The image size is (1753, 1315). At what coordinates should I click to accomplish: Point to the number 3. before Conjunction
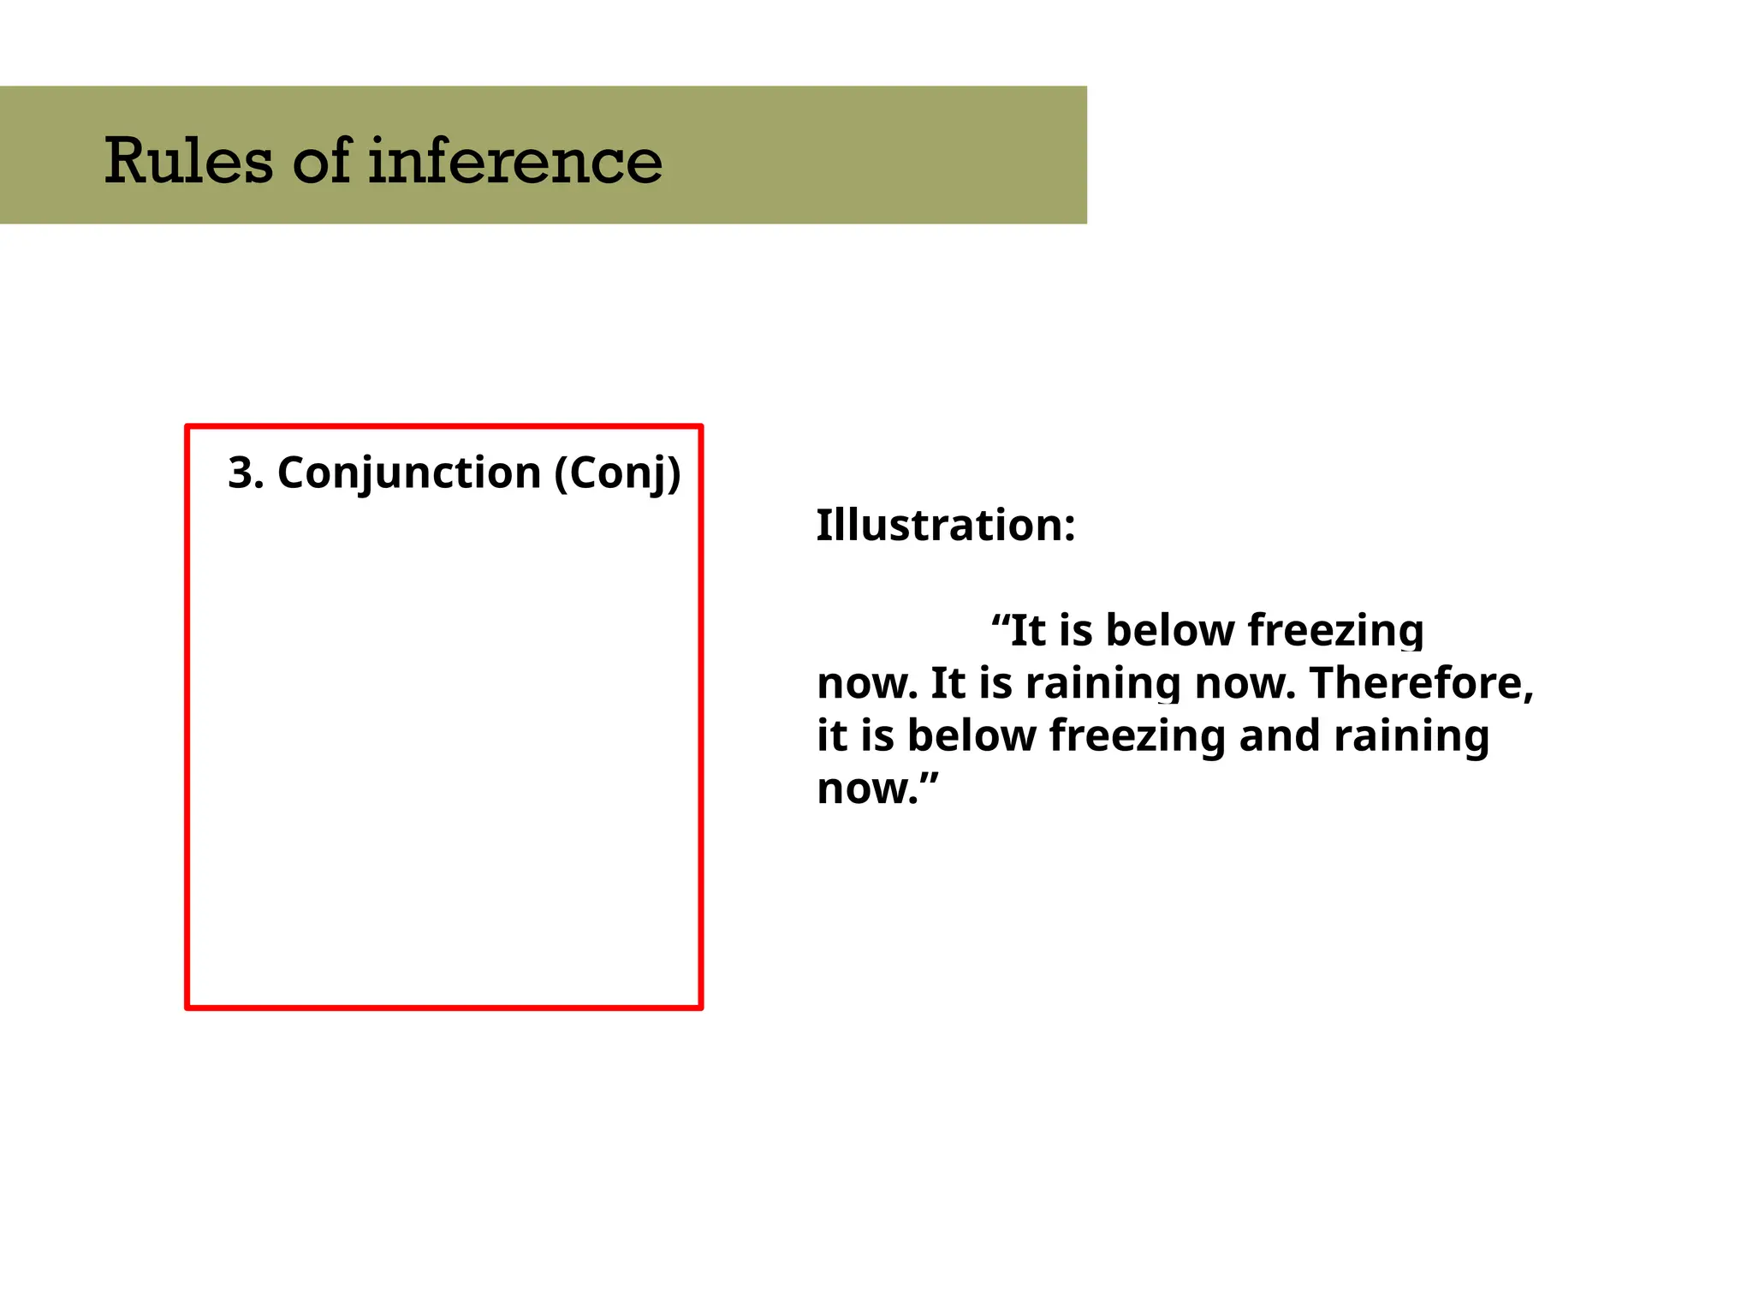click(x=245, y=473)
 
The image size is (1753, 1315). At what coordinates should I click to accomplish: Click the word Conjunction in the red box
click(x=409, y=473)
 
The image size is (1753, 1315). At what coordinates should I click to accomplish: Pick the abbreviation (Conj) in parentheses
click(x=617, y=473)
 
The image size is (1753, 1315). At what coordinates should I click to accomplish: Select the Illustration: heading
click(x=945, y=525)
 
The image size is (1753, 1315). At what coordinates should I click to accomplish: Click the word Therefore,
click(x=1421, y=683)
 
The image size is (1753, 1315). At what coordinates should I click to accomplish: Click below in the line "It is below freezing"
click(x=1169, y=630)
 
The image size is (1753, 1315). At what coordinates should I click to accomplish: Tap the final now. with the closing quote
click(x=876, y=788)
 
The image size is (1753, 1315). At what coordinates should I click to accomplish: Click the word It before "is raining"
click(x=947, y=683)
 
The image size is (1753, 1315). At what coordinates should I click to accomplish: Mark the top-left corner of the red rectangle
click(x=187, y=426)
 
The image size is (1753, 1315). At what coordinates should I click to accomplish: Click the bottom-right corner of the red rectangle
click(x=700, y=1008)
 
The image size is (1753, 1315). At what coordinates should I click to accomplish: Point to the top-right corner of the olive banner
click(x=1085, y=87)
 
